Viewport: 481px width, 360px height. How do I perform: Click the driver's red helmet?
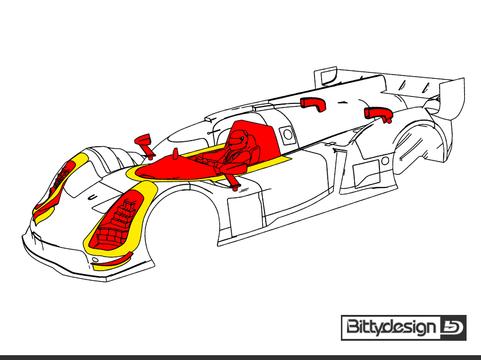[x=237, y=140]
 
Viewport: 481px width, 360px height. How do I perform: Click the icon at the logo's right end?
[x=453, y=328]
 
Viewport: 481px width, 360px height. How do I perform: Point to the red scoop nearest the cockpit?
[x=313, y=104]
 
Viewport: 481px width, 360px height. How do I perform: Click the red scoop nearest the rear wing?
[x=379, y=114]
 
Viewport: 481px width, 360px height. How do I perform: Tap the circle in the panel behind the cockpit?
[x=288, y=134]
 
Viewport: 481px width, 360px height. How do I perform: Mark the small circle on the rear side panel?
[x=385, y=160]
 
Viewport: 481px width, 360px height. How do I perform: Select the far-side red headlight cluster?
[x=59, y=184]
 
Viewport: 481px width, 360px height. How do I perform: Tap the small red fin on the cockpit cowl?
[x=176, y=154]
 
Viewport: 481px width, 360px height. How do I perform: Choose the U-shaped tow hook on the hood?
[x=93, y=197]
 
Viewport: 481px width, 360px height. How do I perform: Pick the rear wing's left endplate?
[x=325, y=76]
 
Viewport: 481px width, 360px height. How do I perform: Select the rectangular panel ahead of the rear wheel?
[x=367, y=174]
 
